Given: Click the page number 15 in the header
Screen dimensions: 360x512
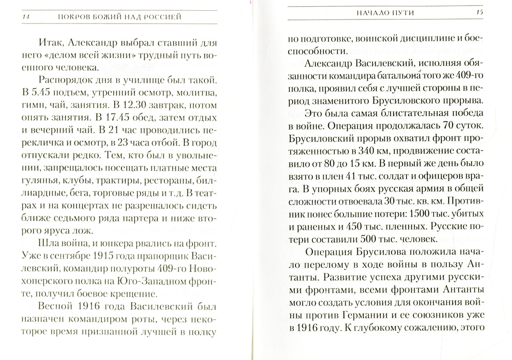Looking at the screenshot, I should [480, 12].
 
